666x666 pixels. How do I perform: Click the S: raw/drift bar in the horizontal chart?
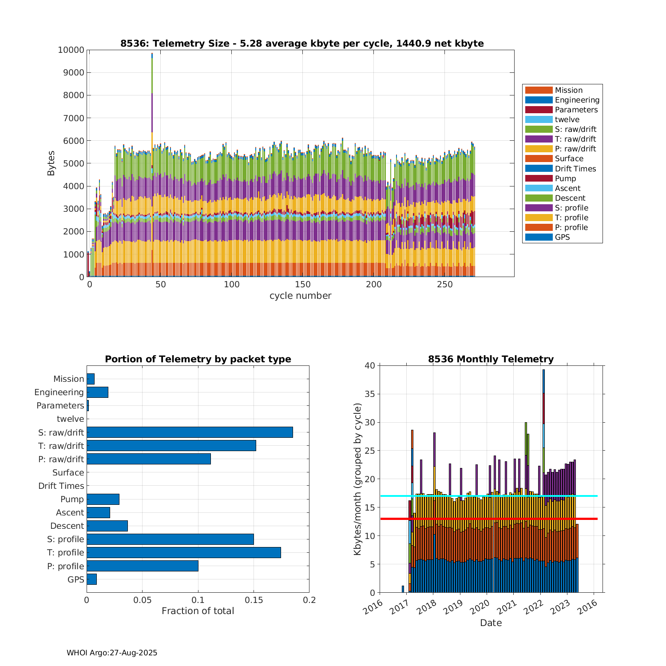coord(190,432)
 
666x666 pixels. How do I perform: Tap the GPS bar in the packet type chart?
coord(91,579)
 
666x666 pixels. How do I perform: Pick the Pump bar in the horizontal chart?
coord(103,499)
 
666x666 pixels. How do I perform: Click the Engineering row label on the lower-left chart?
coord(59,392)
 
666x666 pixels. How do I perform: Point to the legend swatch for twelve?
coord(539,119)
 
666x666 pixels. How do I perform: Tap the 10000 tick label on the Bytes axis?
coord(71,50)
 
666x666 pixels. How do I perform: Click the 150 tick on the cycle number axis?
coord(302,285)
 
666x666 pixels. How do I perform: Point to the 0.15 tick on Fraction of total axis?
coord(254,600)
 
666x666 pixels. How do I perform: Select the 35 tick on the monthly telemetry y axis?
coord(370,394)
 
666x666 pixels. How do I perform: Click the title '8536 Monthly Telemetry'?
coord(491,359)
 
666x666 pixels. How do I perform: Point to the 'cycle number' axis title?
coord(300,296)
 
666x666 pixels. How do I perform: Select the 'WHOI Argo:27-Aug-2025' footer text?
coord(112,653)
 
